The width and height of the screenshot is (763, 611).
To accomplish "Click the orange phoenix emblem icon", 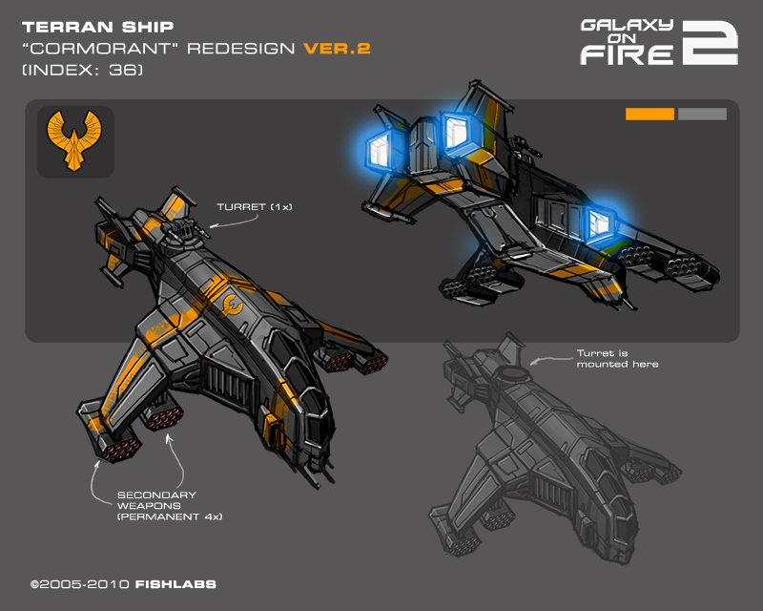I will tap(75, 141).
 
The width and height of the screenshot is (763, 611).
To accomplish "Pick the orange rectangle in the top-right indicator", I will tap(650, 115).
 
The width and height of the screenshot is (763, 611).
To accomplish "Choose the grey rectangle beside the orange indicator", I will tap(702, 115).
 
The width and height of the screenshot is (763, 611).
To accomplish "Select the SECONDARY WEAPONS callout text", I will tap(156, 505).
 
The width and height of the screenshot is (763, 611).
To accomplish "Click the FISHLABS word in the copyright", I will tap(162, 581).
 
